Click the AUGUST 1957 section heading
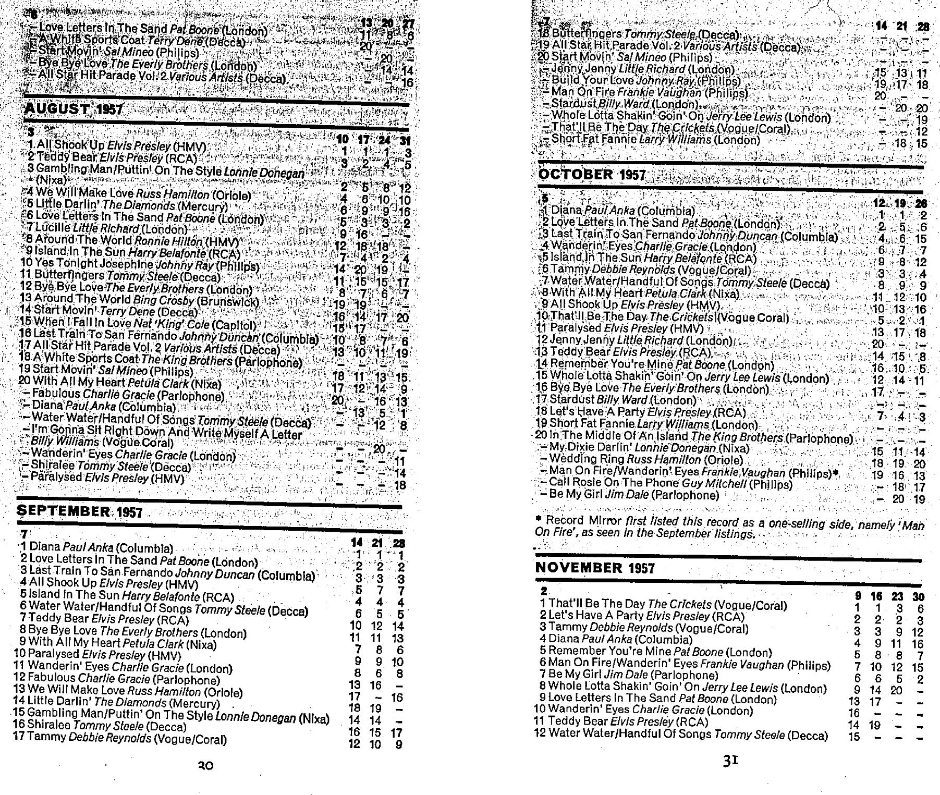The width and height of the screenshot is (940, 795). pos(74,109)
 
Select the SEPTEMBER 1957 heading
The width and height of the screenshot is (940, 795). pos(79,511)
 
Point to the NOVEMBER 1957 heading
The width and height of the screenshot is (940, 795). pos(595,568)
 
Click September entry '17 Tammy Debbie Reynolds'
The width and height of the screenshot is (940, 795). pos(120,738)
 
